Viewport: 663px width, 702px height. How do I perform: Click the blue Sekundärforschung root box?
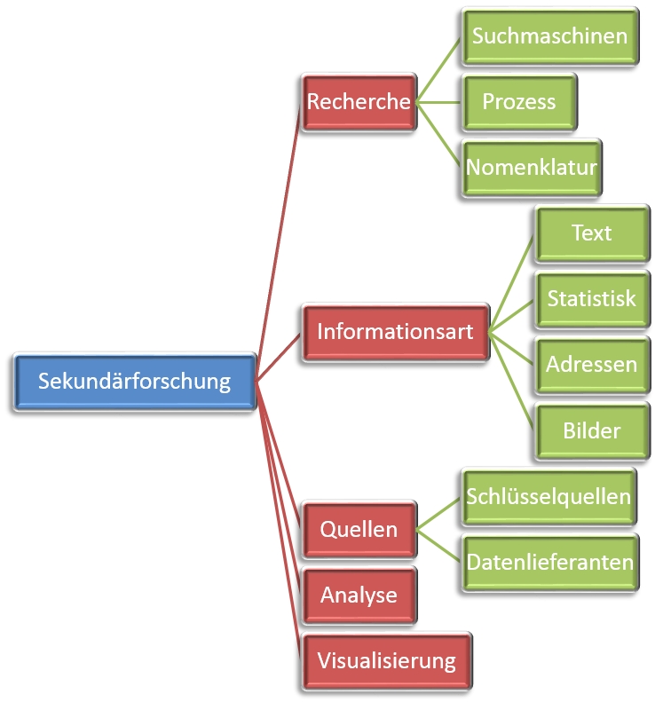[135, 382]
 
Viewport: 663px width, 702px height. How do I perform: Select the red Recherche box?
[359, 102]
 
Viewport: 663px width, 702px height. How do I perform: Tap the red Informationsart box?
[396, 333]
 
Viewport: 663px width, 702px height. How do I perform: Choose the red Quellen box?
[359, 530]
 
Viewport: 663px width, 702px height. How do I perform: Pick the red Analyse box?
[359, 595]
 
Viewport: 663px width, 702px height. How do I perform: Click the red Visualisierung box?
[386, 660]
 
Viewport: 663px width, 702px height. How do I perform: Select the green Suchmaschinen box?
[549, 36]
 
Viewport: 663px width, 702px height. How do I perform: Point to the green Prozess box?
[519, 101]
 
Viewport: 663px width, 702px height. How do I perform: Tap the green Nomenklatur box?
[532, 167]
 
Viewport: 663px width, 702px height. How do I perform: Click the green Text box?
[591, 233]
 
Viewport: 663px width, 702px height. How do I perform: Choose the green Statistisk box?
[591, 298]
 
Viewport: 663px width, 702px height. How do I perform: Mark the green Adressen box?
[591, 364]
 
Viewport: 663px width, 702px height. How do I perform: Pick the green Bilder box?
[591, 430]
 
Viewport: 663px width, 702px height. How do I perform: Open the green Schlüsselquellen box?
[549, 497]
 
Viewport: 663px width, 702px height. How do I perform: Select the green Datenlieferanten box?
[549, 562]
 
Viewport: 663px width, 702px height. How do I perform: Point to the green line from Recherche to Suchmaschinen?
[438, 70]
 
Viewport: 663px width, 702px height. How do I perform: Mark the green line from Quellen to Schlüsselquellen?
[439, 514]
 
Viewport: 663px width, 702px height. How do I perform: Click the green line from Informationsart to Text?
[512, 282]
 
